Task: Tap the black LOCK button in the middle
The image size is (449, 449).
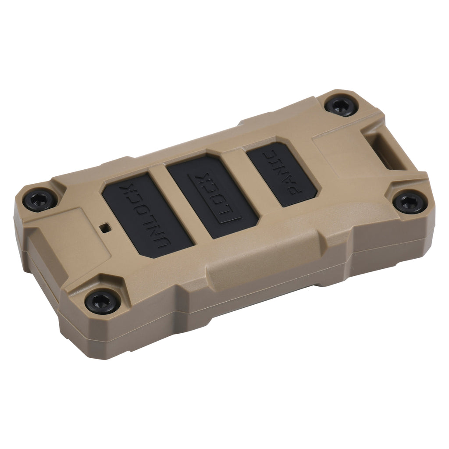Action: coord(213,195)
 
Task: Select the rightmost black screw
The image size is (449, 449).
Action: coord(410,203)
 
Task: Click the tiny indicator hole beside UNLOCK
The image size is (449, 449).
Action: coord(105,227)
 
